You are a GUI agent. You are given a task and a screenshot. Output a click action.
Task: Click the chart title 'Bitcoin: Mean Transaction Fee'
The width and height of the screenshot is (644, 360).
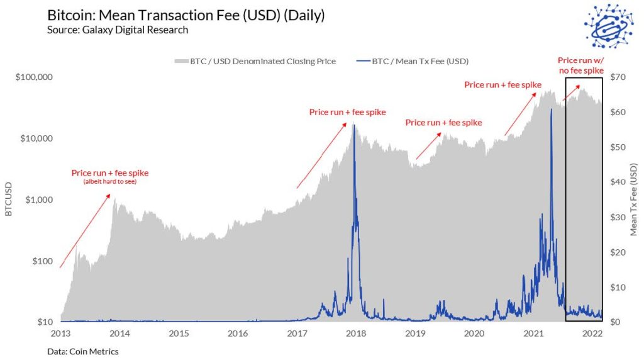pyautogui.click(x=186, y=16)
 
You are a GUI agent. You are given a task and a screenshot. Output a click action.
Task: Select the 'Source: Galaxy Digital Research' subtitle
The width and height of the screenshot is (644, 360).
pyautogui.click(x=118, y=30)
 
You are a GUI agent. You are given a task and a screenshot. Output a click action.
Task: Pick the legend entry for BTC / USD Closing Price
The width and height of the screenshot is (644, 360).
pyautogui.click(x=255, y=61)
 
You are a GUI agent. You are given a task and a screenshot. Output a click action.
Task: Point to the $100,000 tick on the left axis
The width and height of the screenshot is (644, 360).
pyautogui.click(x=33, y=77)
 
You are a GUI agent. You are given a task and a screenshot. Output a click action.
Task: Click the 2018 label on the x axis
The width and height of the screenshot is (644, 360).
pyautogui.click(x=357, y=332)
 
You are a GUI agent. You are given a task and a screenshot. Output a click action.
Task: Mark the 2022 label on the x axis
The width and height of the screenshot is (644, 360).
pyautogui.click(x=593, y=332)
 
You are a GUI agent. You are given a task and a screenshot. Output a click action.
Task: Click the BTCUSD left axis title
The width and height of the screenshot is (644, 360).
pyautogui.click(x=9, y=200)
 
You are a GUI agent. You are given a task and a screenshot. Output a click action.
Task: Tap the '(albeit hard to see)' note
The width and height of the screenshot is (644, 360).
pyautogui.click(x=110, y=182)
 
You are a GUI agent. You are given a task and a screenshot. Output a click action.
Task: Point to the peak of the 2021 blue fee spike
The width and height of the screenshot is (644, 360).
pyautogui.click(x=551, y=110)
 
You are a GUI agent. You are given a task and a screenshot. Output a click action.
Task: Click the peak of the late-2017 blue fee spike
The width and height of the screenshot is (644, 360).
pyautogui.click(x=353, y=125)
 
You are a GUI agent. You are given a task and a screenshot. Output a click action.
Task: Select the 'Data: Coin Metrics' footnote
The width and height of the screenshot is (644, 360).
pyautogui.click(x=82, y=351)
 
